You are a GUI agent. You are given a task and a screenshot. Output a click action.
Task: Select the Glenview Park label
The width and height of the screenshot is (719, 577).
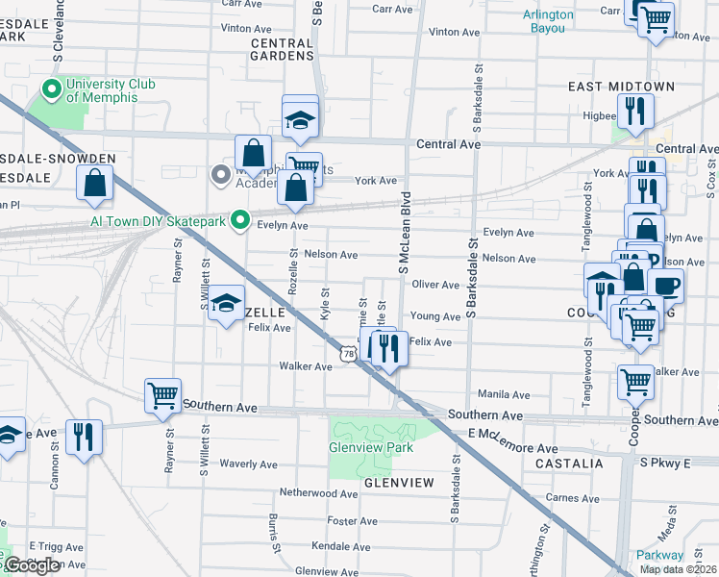pos(370,447)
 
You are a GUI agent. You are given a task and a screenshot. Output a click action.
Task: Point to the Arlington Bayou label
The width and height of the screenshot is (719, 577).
pos(549,21)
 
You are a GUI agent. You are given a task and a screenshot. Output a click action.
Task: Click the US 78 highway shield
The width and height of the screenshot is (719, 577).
pos(347,355)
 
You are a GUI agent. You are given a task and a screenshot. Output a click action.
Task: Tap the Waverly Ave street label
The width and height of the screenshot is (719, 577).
pos(248,464)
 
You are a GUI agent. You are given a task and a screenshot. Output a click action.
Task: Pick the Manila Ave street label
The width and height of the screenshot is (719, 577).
pos(505,395)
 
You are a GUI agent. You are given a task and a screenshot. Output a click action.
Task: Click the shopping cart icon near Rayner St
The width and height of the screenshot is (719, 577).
pos(162,394)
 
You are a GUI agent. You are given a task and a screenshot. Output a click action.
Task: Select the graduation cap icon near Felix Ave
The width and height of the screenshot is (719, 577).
pos(226,304)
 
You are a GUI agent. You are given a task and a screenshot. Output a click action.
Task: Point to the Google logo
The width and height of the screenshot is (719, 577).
pos(32,566)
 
